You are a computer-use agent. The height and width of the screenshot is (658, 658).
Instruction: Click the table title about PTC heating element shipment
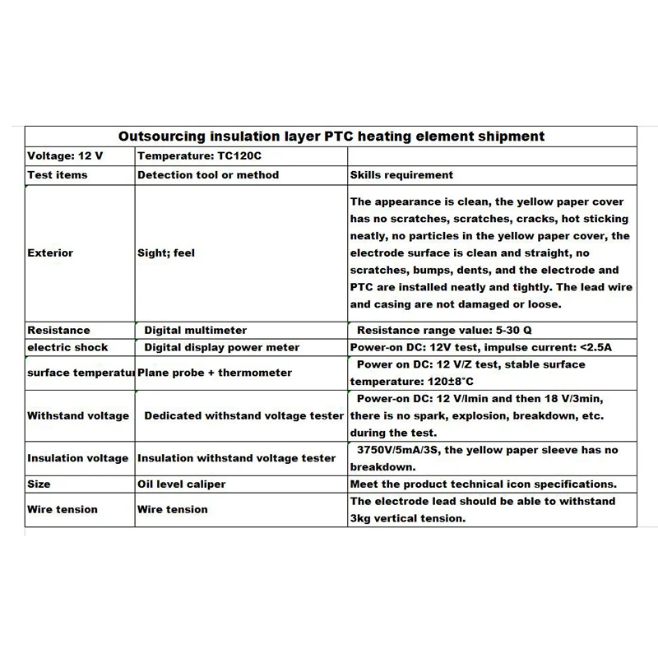point(331,137)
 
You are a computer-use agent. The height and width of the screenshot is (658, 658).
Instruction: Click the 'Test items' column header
point(58,175)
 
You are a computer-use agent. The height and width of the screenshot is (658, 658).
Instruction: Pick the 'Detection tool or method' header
point(208,175)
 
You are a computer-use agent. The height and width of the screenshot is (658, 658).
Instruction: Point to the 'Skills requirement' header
point(401,175)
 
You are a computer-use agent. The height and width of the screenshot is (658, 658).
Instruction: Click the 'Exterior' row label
point(50,253)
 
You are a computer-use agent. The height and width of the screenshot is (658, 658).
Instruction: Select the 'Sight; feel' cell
point(166,253)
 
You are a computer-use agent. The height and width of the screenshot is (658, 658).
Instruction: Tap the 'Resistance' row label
point(58,330)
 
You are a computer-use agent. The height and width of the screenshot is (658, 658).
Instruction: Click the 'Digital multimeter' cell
point(195,330)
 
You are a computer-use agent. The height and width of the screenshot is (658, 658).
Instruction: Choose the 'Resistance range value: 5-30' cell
point(444,330)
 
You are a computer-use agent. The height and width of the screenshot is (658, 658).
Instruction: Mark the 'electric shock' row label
point(67,347)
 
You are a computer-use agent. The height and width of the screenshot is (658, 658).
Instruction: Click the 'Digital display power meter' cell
point(222,347)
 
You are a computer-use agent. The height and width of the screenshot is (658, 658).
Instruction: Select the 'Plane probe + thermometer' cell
point(215,373)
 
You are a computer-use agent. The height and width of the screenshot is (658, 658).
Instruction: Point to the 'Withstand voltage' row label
point(78,415)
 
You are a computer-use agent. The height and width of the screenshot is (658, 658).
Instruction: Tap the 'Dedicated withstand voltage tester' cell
point(243,415)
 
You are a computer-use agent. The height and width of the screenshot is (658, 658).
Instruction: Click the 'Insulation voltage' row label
point(78,458)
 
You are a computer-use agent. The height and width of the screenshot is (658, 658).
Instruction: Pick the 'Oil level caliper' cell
point(181,484)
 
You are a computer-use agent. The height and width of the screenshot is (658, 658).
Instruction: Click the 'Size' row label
point(39,484)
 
